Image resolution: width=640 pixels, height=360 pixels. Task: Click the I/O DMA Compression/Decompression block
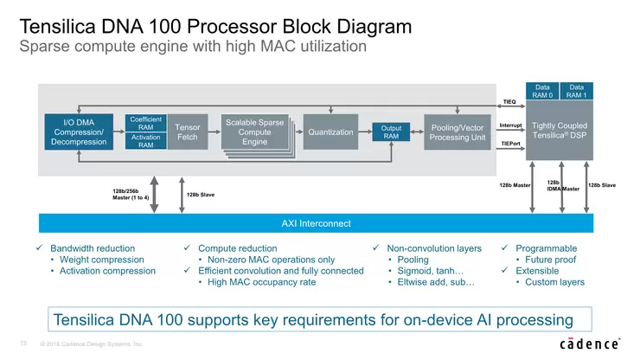78,132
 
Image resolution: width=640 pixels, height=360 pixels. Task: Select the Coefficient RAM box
145,123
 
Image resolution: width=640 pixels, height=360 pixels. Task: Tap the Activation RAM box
145,141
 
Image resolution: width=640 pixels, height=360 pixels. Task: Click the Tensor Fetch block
188,132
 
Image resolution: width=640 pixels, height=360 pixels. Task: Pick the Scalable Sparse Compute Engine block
254,132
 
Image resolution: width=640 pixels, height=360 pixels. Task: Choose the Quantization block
330,132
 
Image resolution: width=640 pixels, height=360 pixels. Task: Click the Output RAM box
391,132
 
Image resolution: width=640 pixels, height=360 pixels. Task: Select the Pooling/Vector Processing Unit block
458,132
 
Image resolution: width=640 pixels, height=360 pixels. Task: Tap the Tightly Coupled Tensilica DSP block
560,132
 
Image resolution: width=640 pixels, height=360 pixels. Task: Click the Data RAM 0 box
542,91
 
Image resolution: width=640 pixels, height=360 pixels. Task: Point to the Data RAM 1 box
577,91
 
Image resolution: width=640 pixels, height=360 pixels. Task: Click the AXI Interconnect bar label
317,224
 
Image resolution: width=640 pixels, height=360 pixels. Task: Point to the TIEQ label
509,101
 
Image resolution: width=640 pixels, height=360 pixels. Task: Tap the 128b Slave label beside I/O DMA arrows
202,196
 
